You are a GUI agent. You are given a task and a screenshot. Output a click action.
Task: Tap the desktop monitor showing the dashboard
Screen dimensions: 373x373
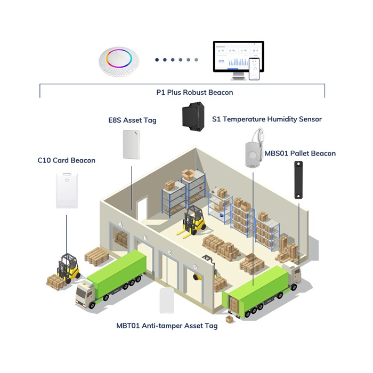(238, 57)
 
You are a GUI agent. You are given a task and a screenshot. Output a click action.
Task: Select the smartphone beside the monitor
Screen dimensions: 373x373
(254, 69)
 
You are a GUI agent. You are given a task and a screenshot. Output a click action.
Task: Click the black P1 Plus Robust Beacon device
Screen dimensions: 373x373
(193, 116)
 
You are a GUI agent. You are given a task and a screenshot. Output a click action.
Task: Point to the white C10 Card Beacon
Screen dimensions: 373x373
(67, 191)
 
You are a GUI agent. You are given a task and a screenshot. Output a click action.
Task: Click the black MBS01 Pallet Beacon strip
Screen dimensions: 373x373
(298, 180)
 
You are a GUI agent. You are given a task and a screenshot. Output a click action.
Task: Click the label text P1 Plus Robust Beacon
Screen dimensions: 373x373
(194, 92)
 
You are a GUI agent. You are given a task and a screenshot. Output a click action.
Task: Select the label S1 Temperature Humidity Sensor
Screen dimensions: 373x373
(266, 119)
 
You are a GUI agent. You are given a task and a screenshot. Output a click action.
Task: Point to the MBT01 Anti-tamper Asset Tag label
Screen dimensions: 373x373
(167, 326)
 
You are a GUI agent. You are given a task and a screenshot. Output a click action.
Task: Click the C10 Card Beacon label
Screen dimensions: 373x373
(66, 160)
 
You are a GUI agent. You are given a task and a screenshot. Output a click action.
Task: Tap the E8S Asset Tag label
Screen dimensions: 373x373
(132, 120)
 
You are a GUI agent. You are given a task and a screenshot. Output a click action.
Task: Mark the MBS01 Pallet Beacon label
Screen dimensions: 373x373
(300, 153)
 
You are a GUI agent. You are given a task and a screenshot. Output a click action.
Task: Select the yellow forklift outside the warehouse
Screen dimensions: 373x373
(69, 267)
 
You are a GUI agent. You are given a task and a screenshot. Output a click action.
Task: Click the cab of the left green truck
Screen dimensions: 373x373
(85, 295)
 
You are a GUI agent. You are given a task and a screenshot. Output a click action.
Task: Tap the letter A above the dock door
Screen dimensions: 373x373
(121, 224)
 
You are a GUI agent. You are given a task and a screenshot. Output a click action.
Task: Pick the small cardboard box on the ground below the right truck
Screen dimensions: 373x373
(230, 319)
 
